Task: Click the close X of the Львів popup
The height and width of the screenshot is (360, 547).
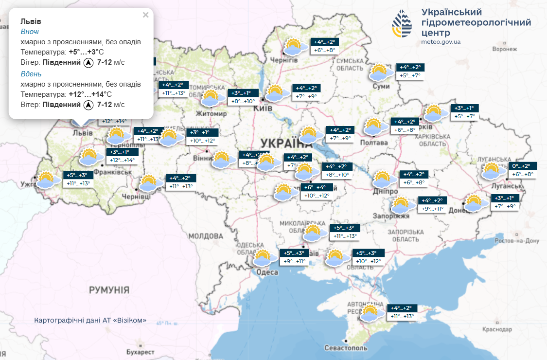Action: tap(145, 15)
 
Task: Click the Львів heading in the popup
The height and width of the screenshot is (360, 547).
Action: tap(31, 21)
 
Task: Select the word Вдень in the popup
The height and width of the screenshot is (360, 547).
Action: tap(31, 74)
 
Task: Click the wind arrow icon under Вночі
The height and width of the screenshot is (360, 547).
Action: tap(88, 62)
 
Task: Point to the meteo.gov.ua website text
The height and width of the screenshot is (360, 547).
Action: tap(441, 42)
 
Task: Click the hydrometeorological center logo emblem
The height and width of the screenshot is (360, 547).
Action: tap(403, 24)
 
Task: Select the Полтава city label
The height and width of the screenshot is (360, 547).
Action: tap(374, 143)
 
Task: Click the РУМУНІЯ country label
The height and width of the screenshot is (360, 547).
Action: tap(109, 290)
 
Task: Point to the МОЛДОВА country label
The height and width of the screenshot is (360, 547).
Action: tap(205, 236)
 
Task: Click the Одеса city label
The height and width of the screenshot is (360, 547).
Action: tap(267, 272)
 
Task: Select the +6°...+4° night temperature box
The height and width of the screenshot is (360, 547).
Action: tap(318, 187)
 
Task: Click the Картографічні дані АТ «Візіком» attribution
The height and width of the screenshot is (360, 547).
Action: tap(90, 321)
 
